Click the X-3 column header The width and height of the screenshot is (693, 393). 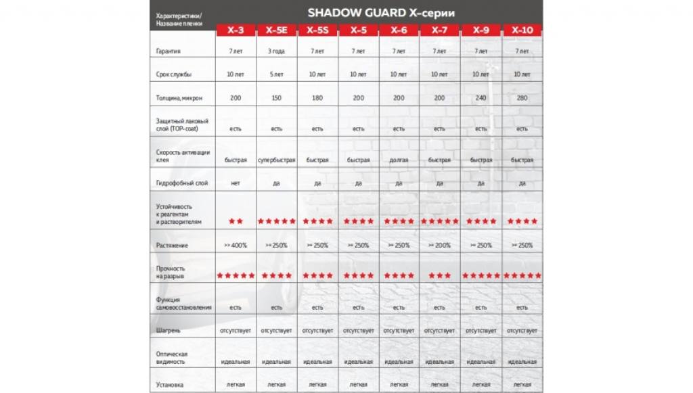[236, 30]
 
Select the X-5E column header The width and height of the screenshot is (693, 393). [276, 30]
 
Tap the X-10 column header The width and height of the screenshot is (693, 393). [522, 30]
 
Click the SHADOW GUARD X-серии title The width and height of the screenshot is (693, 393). [381, 12]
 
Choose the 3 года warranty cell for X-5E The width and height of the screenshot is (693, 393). [276, 51]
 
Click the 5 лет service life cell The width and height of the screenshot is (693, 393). [276, 74]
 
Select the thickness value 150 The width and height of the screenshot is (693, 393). [276, 98]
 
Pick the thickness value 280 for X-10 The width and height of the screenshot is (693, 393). [522, 98]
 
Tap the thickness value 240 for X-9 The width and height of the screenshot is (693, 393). [480, 98]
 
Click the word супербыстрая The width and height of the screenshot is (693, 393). [276, 160]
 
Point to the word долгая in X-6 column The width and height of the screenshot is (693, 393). [399, 160]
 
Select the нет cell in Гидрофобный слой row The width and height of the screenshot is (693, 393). [236, 183]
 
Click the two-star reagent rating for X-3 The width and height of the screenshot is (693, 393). [236, 221]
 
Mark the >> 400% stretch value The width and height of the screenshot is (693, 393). [236, 246]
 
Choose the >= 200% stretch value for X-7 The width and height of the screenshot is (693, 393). [439, 246]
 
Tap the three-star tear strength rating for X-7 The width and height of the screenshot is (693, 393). [439, 276]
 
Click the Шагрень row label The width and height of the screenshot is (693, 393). [169, 331]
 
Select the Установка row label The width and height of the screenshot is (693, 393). [170, 385]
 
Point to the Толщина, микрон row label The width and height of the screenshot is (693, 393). [179, 99]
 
